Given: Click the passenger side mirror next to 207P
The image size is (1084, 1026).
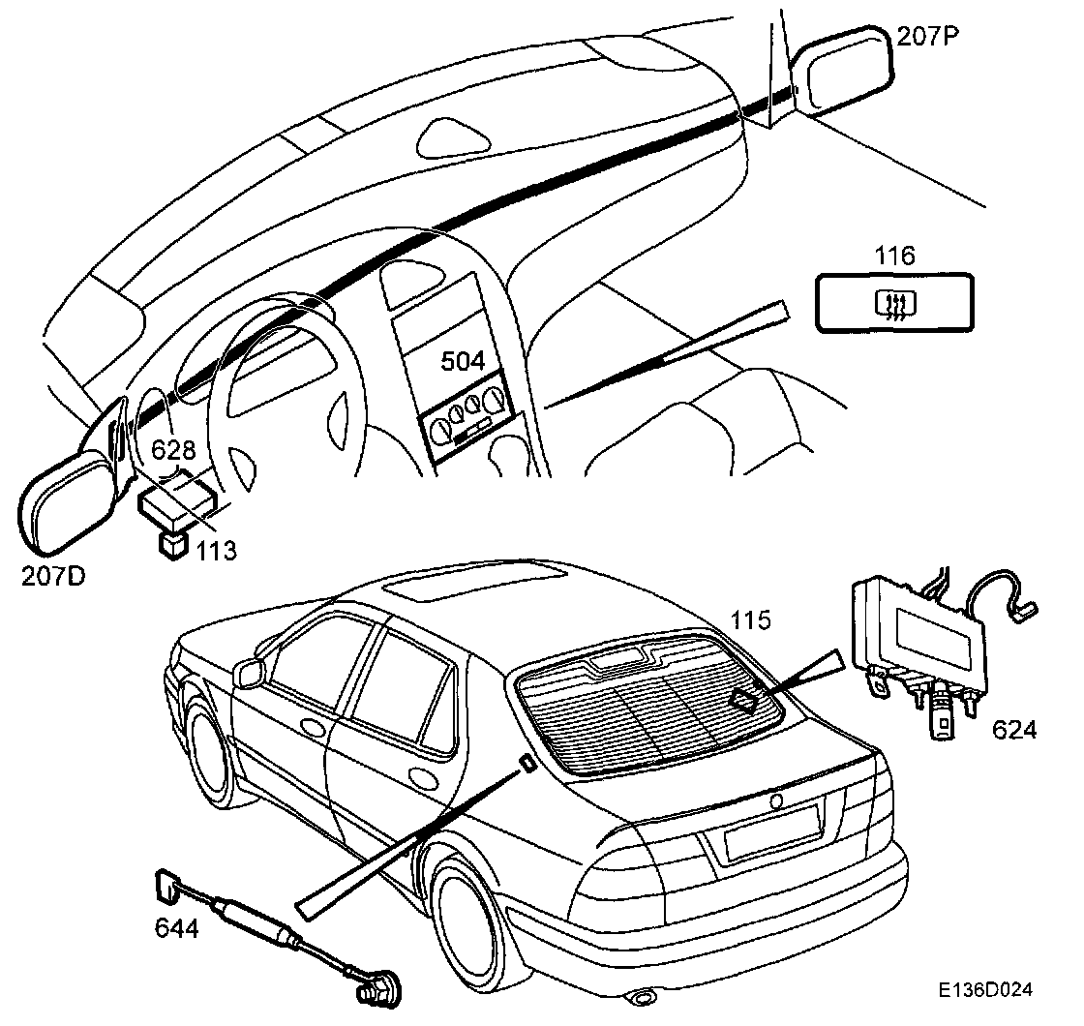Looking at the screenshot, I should [840, 73].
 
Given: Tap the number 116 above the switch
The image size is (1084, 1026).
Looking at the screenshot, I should [894, 256].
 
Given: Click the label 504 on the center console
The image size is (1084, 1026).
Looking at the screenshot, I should [463, 361].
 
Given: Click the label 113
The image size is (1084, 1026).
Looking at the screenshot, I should [215, 551].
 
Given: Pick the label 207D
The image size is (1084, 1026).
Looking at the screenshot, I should [53, 577].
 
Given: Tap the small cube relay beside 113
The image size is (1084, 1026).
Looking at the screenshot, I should [172, 544].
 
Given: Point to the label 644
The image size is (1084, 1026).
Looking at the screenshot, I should [176, 928].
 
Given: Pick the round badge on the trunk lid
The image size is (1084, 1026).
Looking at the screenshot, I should [776, 802].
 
